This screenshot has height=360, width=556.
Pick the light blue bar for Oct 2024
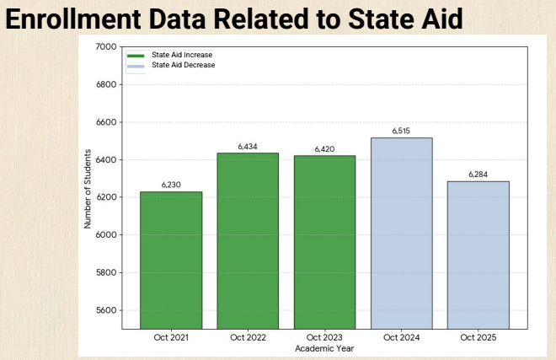(402, 233)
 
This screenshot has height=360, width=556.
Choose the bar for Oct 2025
(478, 255)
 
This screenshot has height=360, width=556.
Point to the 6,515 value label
(402, 131)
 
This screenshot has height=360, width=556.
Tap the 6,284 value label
(478, 175)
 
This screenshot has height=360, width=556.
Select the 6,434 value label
(248, 147)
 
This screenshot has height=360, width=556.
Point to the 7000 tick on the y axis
(105, 46)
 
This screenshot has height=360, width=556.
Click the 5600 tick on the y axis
(105, 310)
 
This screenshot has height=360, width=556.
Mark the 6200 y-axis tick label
(105, 197)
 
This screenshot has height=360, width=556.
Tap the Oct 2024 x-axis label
(402, 337)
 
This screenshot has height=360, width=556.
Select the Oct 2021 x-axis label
(170, 337)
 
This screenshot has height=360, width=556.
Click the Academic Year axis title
(324, 347)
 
